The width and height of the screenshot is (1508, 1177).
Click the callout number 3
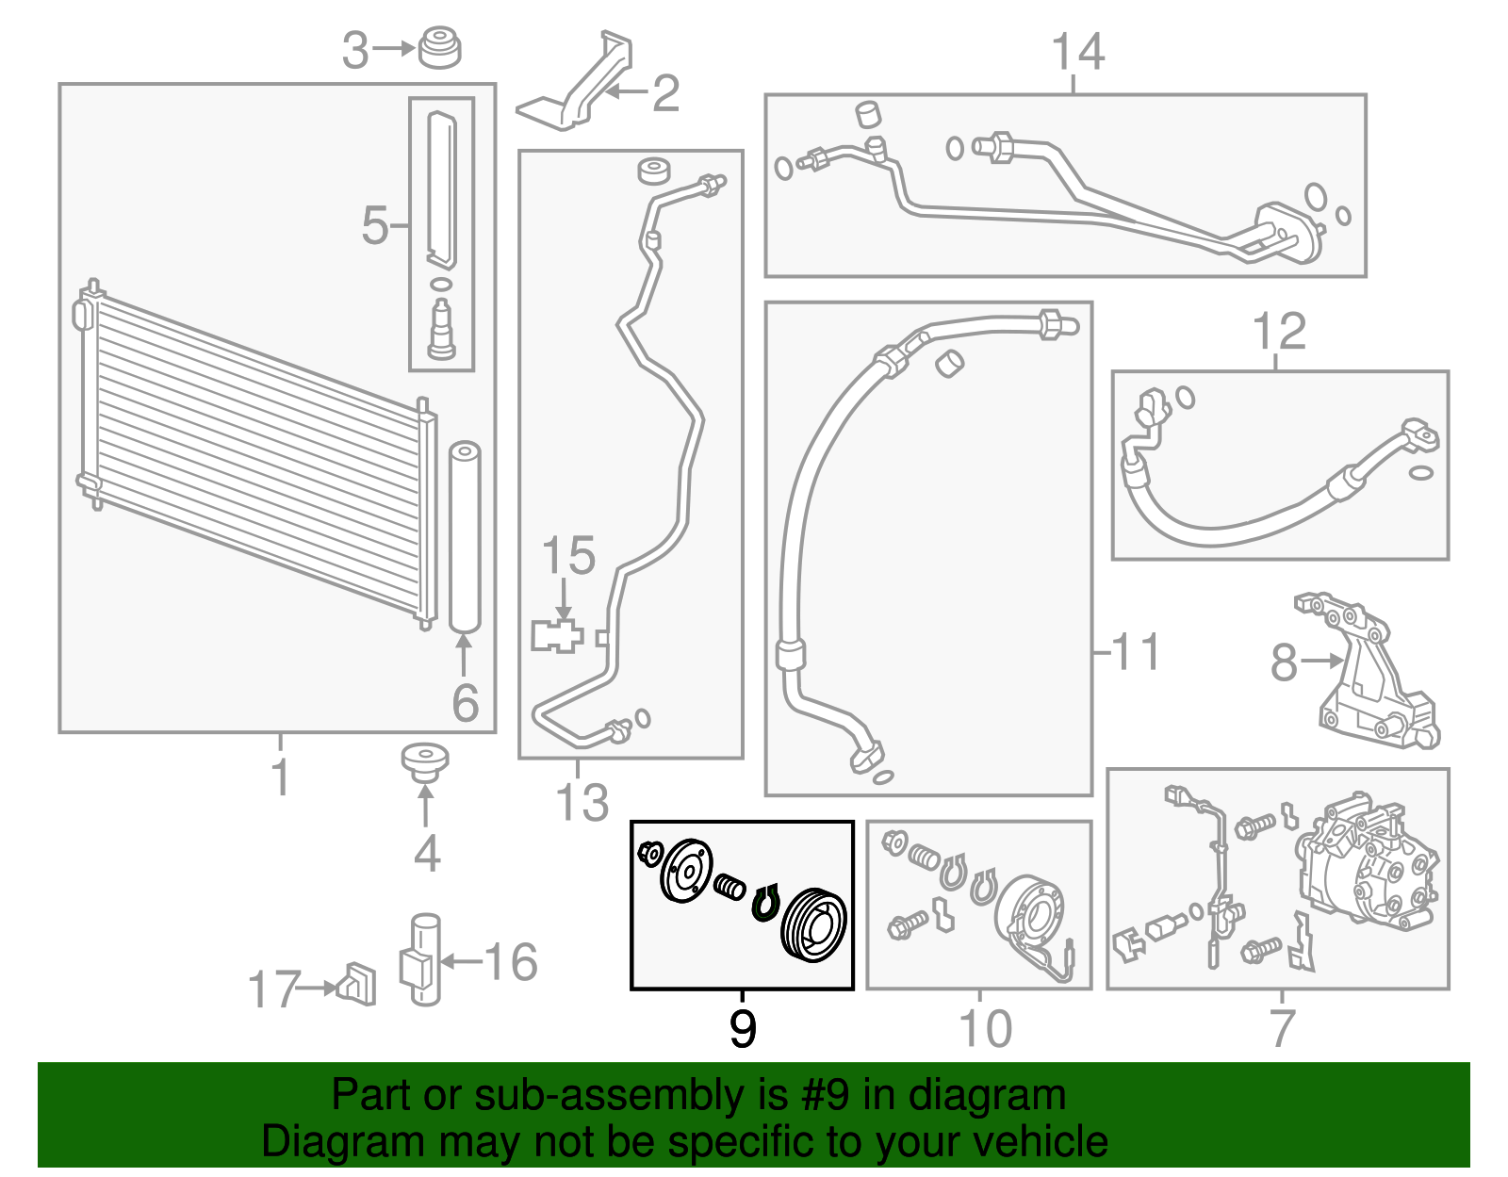tap(355, 51)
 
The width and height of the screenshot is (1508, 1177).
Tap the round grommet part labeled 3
tap(440, 48)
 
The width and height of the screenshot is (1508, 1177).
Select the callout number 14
tap(1077, 51)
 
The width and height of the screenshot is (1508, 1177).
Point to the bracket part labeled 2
tap(576, 81)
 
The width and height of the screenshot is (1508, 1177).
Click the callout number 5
tap(375, 225)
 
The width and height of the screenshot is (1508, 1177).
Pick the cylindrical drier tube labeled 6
tap(465, 537)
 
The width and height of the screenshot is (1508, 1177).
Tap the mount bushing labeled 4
tap(425, 763)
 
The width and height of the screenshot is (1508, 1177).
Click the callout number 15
tap(568, 556)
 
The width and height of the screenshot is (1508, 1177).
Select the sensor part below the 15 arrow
tap(557, 636)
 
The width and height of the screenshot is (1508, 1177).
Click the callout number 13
tap(582, 803)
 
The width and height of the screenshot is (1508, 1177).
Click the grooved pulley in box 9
tap(813, 924)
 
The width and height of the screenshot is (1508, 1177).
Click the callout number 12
tap(1279, 332)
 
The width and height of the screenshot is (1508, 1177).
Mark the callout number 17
tap(274, 989)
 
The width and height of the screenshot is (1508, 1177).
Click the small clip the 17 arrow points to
tap(356, 984)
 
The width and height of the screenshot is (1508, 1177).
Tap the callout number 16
tap(511, 962)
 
